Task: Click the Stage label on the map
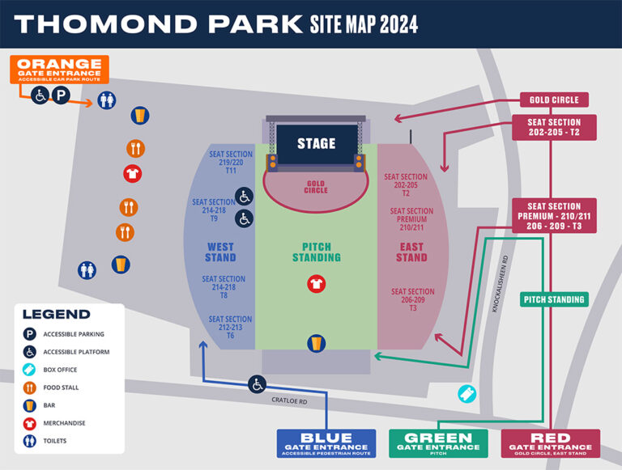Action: tap(316, 143)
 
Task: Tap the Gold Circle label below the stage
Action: tap(316, 188)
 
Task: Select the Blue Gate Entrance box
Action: tap(326, 442)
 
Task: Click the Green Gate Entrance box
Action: tap(437, 442)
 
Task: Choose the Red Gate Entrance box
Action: tap(551, 442)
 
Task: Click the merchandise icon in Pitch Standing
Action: tap(316, 284)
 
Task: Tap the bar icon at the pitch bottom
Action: tap(316, 343)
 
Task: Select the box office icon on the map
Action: tap(466, 393)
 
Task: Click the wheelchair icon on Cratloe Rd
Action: tap(258, 383)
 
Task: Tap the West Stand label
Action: tap(220, 252)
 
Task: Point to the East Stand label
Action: tap(411, 252)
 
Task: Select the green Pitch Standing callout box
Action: tap(554, 300)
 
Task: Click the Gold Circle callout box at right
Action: tap(554, 100)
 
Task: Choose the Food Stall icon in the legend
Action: tap(30, 387)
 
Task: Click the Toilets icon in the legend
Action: tap(30, 441)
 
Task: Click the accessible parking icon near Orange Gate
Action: tap(62, 96)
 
